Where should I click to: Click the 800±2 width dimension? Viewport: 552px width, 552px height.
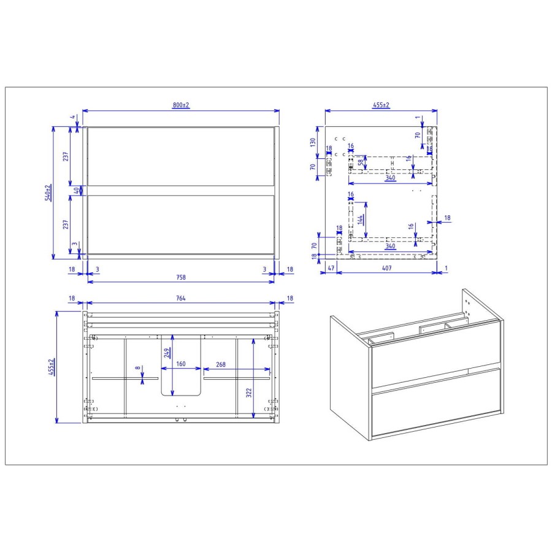[181, 105]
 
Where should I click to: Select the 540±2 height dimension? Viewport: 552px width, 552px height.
[48, 193]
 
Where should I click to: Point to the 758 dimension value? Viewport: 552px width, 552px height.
[181, 277]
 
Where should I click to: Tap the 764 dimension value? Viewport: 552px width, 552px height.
[181, 298]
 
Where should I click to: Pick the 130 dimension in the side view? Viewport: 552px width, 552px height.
[312, 142]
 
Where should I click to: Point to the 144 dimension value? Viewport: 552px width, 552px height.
[362, 218]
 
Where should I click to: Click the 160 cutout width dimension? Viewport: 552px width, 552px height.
[181, 364]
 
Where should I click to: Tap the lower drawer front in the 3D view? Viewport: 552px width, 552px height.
[435, 404]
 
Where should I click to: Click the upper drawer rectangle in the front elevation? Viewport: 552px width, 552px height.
[181, 156]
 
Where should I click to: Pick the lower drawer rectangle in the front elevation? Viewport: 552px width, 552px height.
[181, 223]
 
